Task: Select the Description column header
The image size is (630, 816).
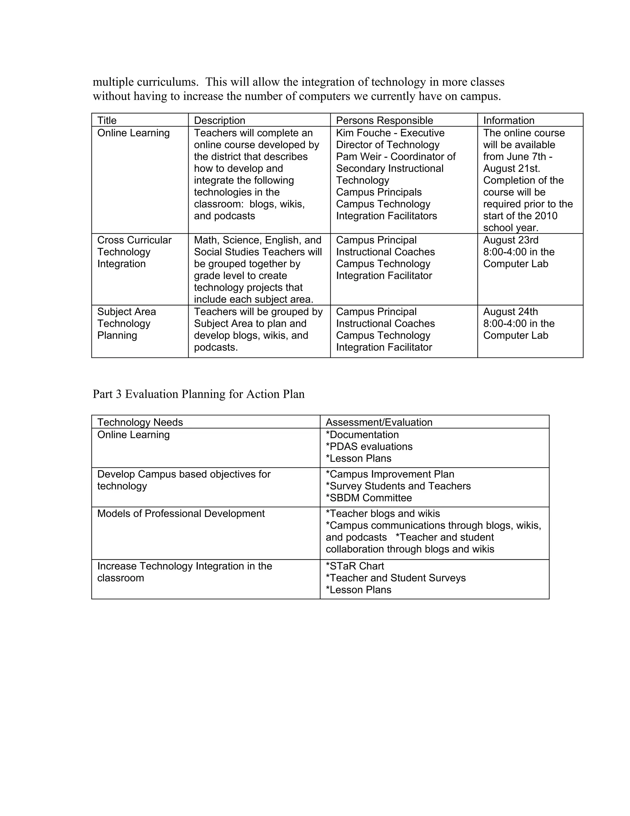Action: [219, 120]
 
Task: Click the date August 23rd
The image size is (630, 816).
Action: [511, 240]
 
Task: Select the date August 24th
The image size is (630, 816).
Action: [510, 312]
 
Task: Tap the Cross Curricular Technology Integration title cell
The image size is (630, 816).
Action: [134, 252]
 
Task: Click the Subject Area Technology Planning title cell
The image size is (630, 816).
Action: [126, 323]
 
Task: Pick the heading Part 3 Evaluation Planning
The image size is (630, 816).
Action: [198, 394]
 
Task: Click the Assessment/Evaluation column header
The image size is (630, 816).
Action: [379, 422]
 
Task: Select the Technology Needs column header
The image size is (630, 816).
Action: [140, 422]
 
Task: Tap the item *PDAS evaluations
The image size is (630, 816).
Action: [369, 446]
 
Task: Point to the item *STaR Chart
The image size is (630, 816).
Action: [355, 566]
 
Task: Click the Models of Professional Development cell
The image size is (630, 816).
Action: [181, 514]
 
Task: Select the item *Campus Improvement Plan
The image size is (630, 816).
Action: [390, 474]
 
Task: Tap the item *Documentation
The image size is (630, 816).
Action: [362, 434]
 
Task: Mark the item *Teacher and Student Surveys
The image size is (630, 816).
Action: [396, 578]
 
